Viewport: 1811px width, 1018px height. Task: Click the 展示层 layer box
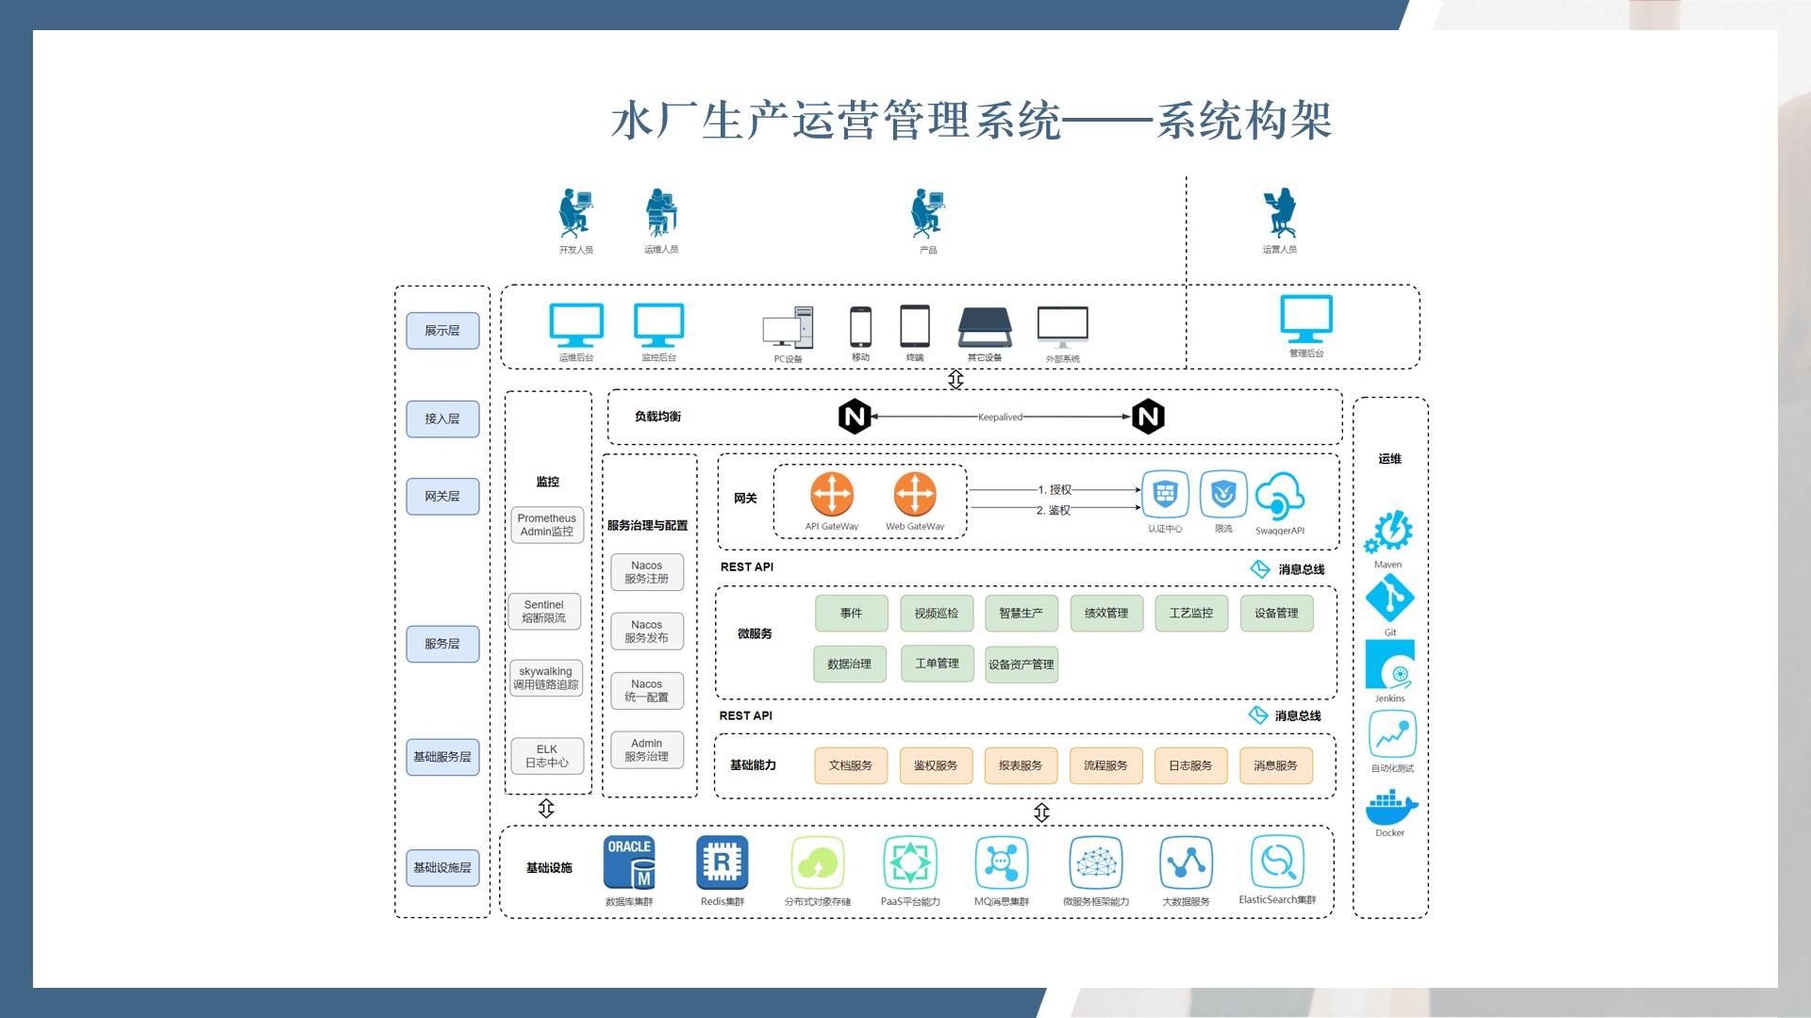442,331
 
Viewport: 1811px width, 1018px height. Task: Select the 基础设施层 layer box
442,867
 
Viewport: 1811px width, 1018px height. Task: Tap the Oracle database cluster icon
629,862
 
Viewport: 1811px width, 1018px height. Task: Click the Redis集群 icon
722,862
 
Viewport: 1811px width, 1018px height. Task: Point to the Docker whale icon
1390,808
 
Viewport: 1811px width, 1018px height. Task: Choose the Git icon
1389,598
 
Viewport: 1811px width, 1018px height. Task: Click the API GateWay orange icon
832,494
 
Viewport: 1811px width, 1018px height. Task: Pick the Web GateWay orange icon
915,494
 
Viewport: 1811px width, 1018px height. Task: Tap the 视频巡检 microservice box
936,613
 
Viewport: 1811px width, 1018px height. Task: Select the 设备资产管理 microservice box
1021,664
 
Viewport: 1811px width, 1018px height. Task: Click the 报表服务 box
1021,765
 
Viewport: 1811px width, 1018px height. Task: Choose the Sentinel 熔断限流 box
544,612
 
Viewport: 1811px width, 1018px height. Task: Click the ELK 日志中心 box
547,756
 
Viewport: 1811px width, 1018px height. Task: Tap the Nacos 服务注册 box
647,572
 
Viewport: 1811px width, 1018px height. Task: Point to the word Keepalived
1000,417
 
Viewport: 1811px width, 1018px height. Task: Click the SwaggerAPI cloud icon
1280,496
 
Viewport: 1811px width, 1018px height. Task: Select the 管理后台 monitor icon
1306,319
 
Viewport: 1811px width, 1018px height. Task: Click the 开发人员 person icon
574,212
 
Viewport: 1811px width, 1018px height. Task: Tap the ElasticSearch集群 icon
1277,862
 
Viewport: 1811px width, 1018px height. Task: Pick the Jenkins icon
1390,665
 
